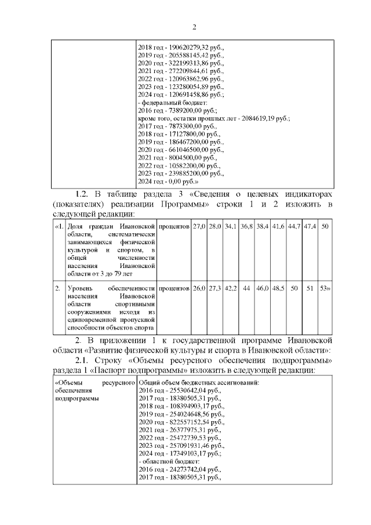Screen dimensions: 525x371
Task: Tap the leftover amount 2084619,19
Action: (253, 118)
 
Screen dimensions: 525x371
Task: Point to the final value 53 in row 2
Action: (324, 288)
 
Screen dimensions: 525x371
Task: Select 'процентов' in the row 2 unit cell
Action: (174, 288)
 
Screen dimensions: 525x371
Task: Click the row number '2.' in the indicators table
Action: (57, 288)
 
